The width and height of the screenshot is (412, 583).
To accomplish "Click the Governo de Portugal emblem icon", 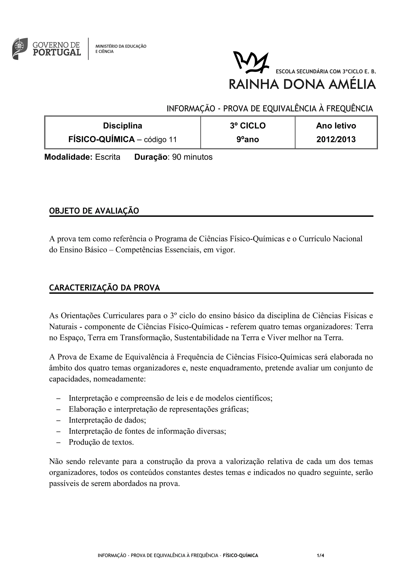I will click(20, 48).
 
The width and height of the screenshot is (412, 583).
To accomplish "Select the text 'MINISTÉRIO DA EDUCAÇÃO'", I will click(121, 46).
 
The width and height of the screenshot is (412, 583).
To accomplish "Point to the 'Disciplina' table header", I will click(123, 126).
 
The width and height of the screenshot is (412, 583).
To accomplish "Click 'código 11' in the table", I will click(160, 139).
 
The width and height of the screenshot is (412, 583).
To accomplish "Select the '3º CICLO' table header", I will click(248, 126).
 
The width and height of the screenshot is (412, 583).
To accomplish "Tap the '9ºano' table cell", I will click(248, 139).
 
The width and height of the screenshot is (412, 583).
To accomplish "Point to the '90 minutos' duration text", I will click(192, 157).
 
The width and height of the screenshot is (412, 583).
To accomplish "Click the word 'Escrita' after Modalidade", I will click(108, 157).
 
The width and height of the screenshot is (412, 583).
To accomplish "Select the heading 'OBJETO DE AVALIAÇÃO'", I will click(94, 211).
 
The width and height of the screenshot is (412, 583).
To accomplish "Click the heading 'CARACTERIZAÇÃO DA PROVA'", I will click(104, 288).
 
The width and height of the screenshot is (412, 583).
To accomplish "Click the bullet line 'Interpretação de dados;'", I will click(107, 420).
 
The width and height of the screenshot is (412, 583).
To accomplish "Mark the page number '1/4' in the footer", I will click(320, 555).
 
